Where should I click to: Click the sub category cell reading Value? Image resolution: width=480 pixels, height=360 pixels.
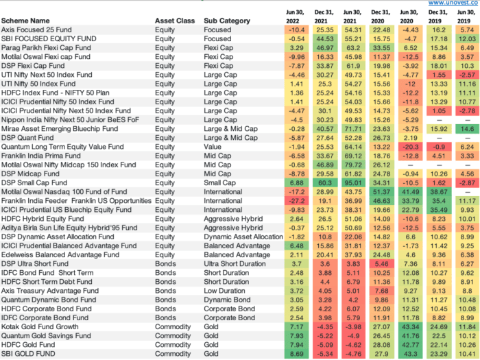(213, 146)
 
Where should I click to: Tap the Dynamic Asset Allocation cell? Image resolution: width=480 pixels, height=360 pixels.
(242, 237)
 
